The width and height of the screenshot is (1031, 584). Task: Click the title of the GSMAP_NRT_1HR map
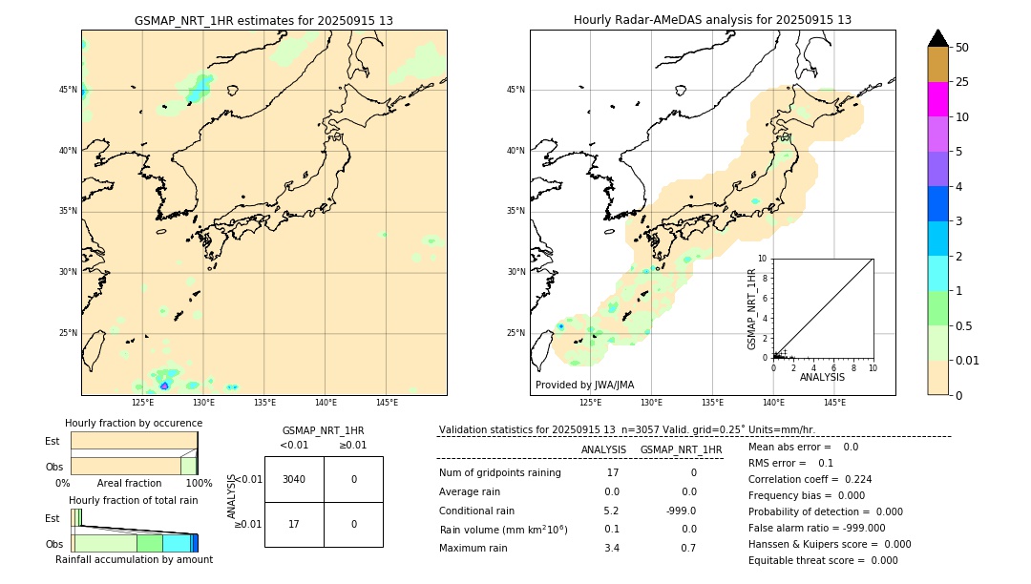click(x=263, y=20)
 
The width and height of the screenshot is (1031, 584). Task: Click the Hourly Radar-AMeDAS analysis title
click(x=712, y=20)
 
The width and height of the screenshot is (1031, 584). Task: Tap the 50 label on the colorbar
click(x=962, y=48)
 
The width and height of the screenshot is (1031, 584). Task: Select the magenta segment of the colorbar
click(x=937, y=99)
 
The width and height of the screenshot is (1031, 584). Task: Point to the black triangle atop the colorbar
click(x=937, y=38)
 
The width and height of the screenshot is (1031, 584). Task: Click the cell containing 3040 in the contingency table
click(x=294, y=479)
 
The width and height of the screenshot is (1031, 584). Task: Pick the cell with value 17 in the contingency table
click(x=294, y=524)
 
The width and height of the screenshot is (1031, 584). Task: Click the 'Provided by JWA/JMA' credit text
click(x=584, y=386)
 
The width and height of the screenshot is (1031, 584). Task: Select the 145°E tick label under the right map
click(x=834, y=403)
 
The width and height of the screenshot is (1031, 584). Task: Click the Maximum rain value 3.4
click(x=613, y=548)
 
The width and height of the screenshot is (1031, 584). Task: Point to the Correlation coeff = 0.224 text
click(x=810, y=479)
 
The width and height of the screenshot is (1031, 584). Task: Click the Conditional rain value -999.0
click(x=682, y=511)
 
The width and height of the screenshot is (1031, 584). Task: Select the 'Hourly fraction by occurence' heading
click(x=134, y=423)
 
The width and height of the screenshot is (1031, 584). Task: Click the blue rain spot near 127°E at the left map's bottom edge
click(x=164, y=386)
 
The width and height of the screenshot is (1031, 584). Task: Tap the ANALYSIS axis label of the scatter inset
click(x=822, y=378)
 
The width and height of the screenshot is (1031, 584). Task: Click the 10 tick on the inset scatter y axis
click(x=762, y=259)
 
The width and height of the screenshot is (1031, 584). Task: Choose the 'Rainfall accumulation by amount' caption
click(x=134, y=560)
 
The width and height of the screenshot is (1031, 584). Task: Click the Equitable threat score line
click(x=823, y=560)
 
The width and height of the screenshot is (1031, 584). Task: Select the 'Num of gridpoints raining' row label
click(x=500, y=473)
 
